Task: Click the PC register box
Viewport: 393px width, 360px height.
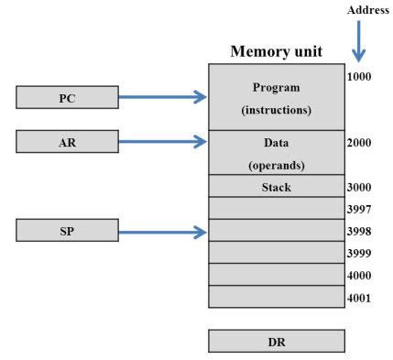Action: (67, 97)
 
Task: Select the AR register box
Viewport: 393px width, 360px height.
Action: (67, 141)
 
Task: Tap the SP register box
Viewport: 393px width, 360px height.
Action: (67, 231)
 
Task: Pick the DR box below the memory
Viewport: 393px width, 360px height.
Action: (277, 341)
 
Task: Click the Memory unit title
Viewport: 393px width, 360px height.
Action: (277, 52)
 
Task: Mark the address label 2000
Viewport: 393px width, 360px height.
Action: (360, 143)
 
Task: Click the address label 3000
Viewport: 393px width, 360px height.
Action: (360, 187)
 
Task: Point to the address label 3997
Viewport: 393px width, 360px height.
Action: (360, 209)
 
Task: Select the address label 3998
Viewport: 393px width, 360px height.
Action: (360, 231)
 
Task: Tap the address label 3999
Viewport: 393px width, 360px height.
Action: (360, 253)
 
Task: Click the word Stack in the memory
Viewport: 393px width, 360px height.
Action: (276, 187)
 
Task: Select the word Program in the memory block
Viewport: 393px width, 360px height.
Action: (276, 88)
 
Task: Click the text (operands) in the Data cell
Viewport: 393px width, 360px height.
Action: (276, 166)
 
